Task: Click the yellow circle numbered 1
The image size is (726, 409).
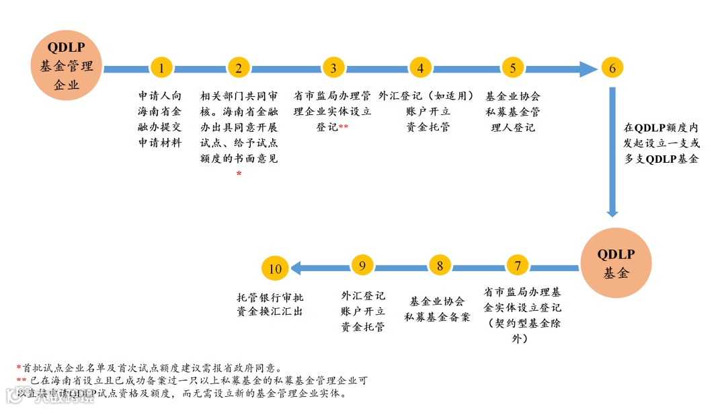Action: [x=161, y=67]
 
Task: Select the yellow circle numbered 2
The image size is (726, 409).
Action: [x=239, y=67]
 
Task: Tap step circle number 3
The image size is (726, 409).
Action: [x=333, y=67]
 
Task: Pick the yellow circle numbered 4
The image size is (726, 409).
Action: [x=420, y=67]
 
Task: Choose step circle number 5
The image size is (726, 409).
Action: [x=513, y=67]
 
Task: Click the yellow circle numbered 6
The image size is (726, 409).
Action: [x=612, y=68]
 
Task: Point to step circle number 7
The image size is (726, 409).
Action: [x=517, y=266]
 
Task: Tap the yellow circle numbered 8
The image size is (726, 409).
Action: [x=440, y=266]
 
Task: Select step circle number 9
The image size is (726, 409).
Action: [x=362, y=266]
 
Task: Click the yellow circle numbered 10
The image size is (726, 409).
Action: [x=275, y=268]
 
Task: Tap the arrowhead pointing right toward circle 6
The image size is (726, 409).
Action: [x=588, y=68]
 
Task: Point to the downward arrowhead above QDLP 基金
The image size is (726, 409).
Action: [x=612, y=212]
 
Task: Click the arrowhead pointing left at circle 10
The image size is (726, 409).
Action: [x=296, y=268]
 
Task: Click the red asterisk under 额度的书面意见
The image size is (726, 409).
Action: [x=239, y=174]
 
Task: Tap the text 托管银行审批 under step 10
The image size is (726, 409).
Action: [x=270, y=297]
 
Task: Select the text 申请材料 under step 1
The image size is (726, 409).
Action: [x=160, y=143]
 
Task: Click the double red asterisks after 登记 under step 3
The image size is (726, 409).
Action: [x=344, y=127]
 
